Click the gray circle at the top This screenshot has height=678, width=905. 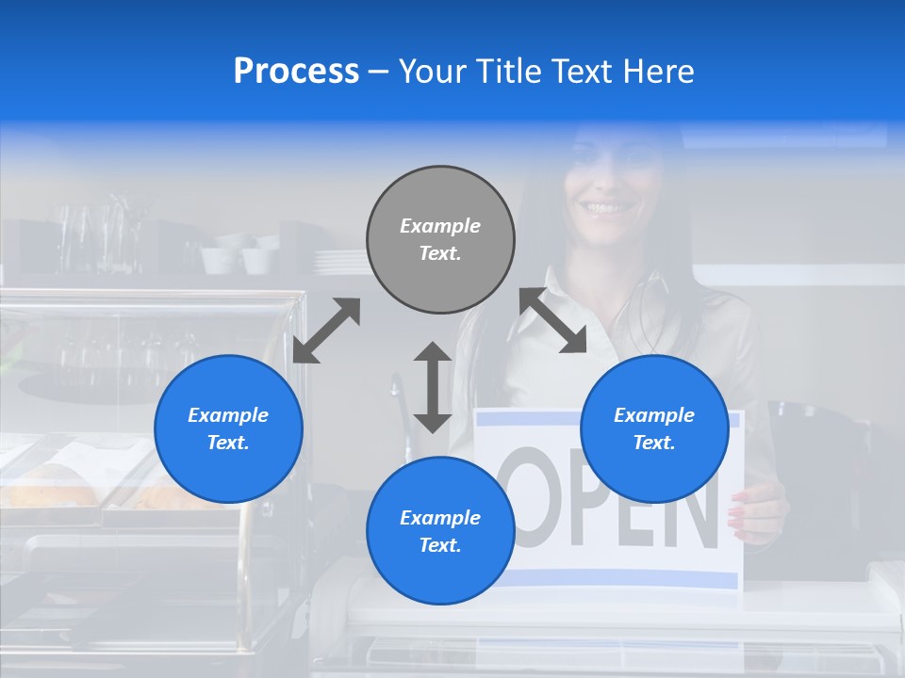440,239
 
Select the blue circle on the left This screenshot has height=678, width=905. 228,428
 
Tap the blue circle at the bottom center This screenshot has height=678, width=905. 440,530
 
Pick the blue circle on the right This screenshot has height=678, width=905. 653,428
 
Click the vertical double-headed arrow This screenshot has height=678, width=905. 433,387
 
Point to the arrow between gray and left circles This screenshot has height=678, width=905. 326,331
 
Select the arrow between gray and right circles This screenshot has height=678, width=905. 552,321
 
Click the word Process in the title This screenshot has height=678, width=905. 296,72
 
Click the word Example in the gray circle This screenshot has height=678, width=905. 440,226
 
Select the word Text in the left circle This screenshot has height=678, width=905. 228,443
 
